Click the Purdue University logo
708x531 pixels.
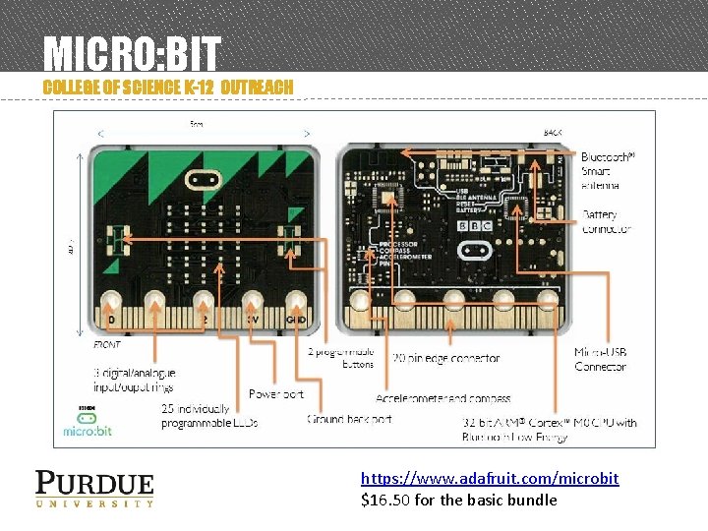[x=94, y=489]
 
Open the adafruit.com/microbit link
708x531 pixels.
[x=490, y=478]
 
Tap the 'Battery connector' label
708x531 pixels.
[x=606, y=221]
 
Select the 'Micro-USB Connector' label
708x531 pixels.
[x=601, y=359]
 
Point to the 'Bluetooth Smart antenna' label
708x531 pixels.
[x=608, y=170]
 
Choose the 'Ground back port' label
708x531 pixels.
[x=349, y=419]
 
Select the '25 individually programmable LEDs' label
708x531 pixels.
[x=209, y=416]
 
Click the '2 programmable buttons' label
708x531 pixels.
[x=340, y=357]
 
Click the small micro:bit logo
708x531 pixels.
[x=86, y=424]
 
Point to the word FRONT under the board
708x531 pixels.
[x=107, y=345]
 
